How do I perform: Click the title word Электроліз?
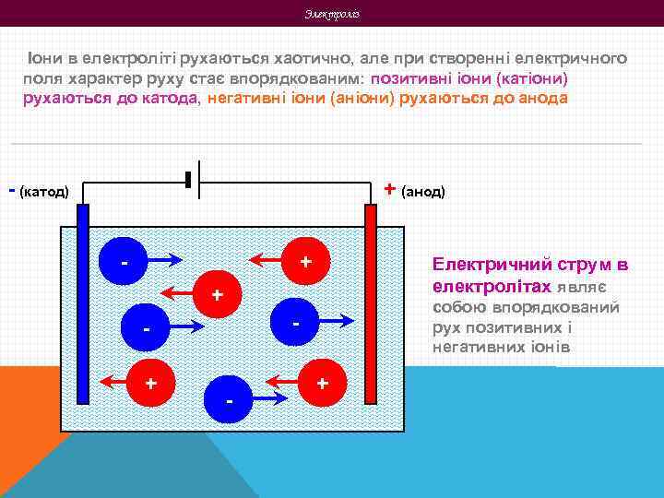[331, 14]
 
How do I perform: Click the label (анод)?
[424, 191]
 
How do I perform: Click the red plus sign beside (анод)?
[390, 189]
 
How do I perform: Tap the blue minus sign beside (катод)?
[11, 190]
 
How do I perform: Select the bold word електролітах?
[492, 286]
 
